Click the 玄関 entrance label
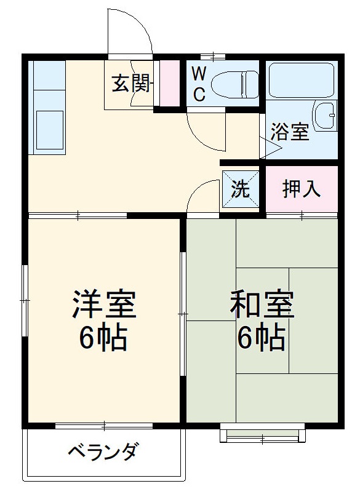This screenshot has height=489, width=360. tap(131, 84)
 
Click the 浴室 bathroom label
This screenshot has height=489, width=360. tap(291, 132)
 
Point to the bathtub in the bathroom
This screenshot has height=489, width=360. tap(301, 79)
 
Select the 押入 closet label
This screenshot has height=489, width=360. tap(301, 189)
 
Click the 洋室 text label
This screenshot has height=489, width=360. tap(103, 305)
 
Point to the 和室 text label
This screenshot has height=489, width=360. tap(262, 305)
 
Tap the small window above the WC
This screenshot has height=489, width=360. tap(213, 57)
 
